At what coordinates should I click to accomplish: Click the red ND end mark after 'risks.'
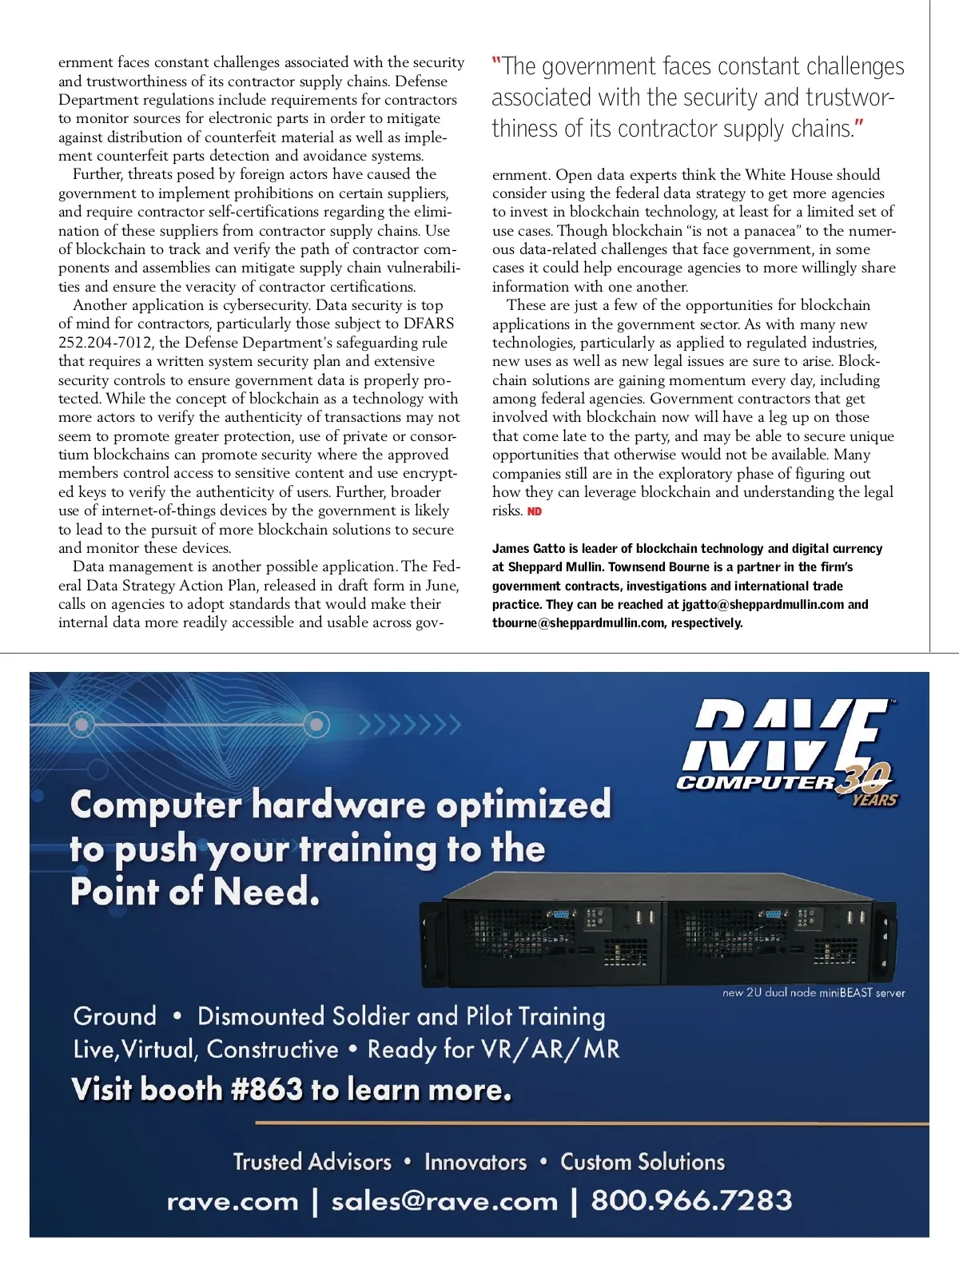click(535, 511)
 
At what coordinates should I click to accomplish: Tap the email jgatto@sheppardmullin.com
click(763, 605)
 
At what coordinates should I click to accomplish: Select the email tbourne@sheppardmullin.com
click(578, 623)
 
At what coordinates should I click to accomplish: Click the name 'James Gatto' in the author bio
click(528, 549)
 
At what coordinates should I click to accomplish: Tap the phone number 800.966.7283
click(691, 1200)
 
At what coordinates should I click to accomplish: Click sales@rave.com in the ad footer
click(444, 1201)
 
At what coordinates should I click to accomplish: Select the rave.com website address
click(233, 1201)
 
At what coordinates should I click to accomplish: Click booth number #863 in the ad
click(267, 1089)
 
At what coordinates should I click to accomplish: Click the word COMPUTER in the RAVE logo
click(755, 783)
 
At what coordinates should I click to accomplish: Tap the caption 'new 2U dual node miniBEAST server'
click(814, 993)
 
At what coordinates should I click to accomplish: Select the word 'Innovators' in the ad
click(476, 1162)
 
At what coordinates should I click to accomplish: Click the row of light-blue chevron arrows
click(410, 725)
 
